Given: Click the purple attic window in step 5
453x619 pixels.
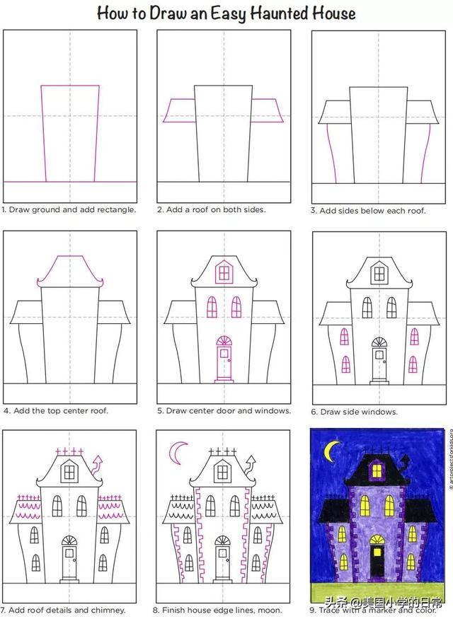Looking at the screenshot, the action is click(x=224, y=272).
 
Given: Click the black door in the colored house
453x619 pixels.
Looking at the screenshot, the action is click(x=377, y=560).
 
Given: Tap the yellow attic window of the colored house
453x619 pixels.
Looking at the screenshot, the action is click(x=377, y=470).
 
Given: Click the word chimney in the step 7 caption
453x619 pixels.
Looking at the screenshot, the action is click(x=108, y=611).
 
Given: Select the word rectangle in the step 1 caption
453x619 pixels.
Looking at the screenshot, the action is click(x=117, y=209).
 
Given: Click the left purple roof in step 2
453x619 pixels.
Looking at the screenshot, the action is click(x=178, y=110).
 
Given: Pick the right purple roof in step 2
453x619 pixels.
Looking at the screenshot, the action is click(x=268, y=110).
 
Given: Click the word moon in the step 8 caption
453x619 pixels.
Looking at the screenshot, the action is click(x=271, y=611).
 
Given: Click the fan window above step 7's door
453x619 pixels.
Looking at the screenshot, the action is click(x=69, y=540).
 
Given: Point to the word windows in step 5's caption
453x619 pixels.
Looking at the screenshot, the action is click(x=275, y=410).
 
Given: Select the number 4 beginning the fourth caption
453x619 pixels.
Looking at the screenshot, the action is click(x=6, y=411).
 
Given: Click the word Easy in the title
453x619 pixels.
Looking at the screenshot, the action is click(x=229, y=14).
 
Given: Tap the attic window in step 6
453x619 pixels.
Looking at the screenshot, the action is click(x=379, y=273).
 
